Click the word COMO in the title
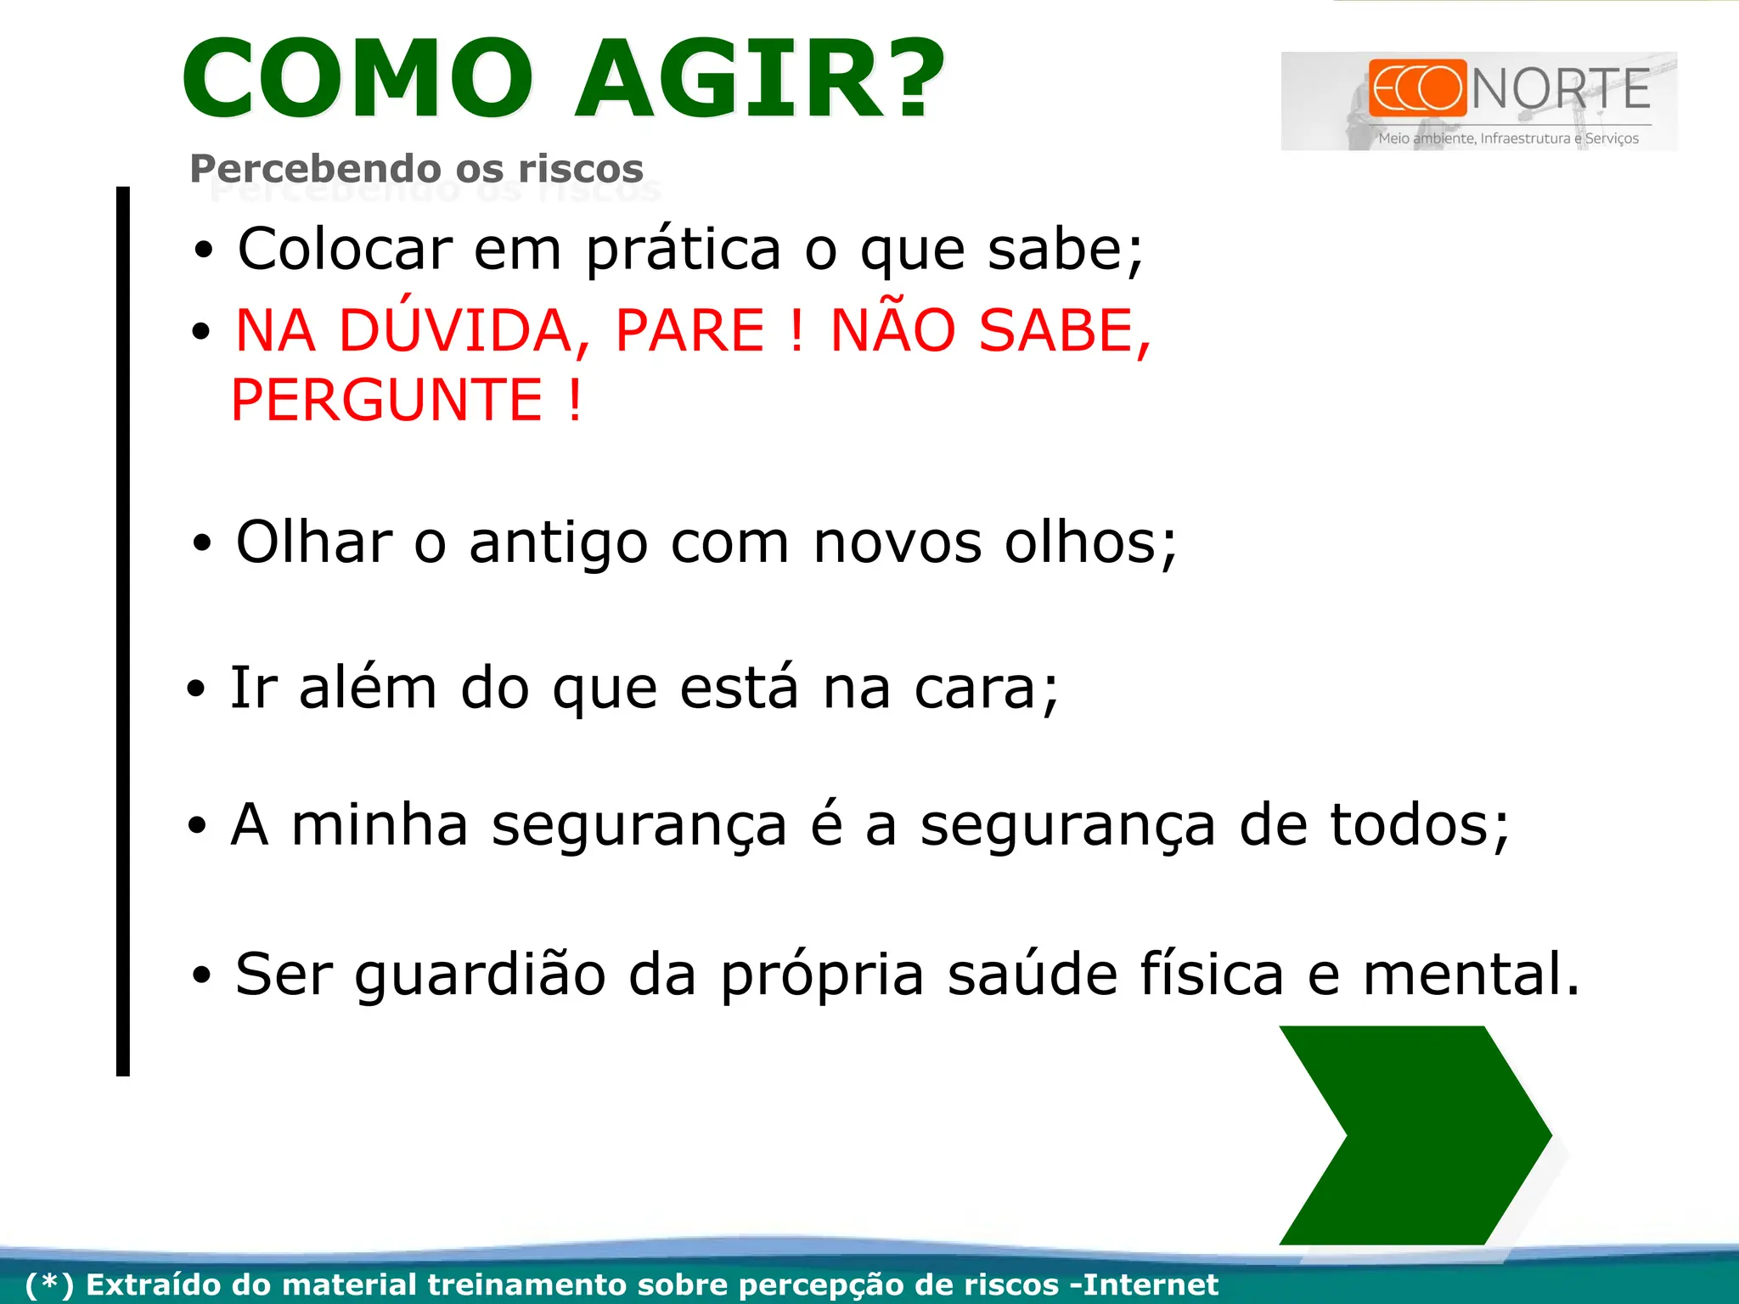click(x=357, y=79)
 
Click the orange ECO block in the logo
click(x=1417, y=87)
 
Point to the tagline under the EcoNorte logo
click(x=1508, y=138)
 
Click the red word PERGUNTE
click(x=386, y=400)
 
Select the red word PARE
click(x=689, y=330)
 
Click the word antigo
click(x=559, y=543)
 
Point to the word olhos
click(x=1090, y=542)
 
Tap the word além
click(x=368, y=688)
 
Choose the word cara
click(x=985, y=689)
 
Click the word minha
click(x=380, y=824)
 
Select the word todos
click(x=1418, y=824)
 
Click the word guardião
click(x=480, y=975)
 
